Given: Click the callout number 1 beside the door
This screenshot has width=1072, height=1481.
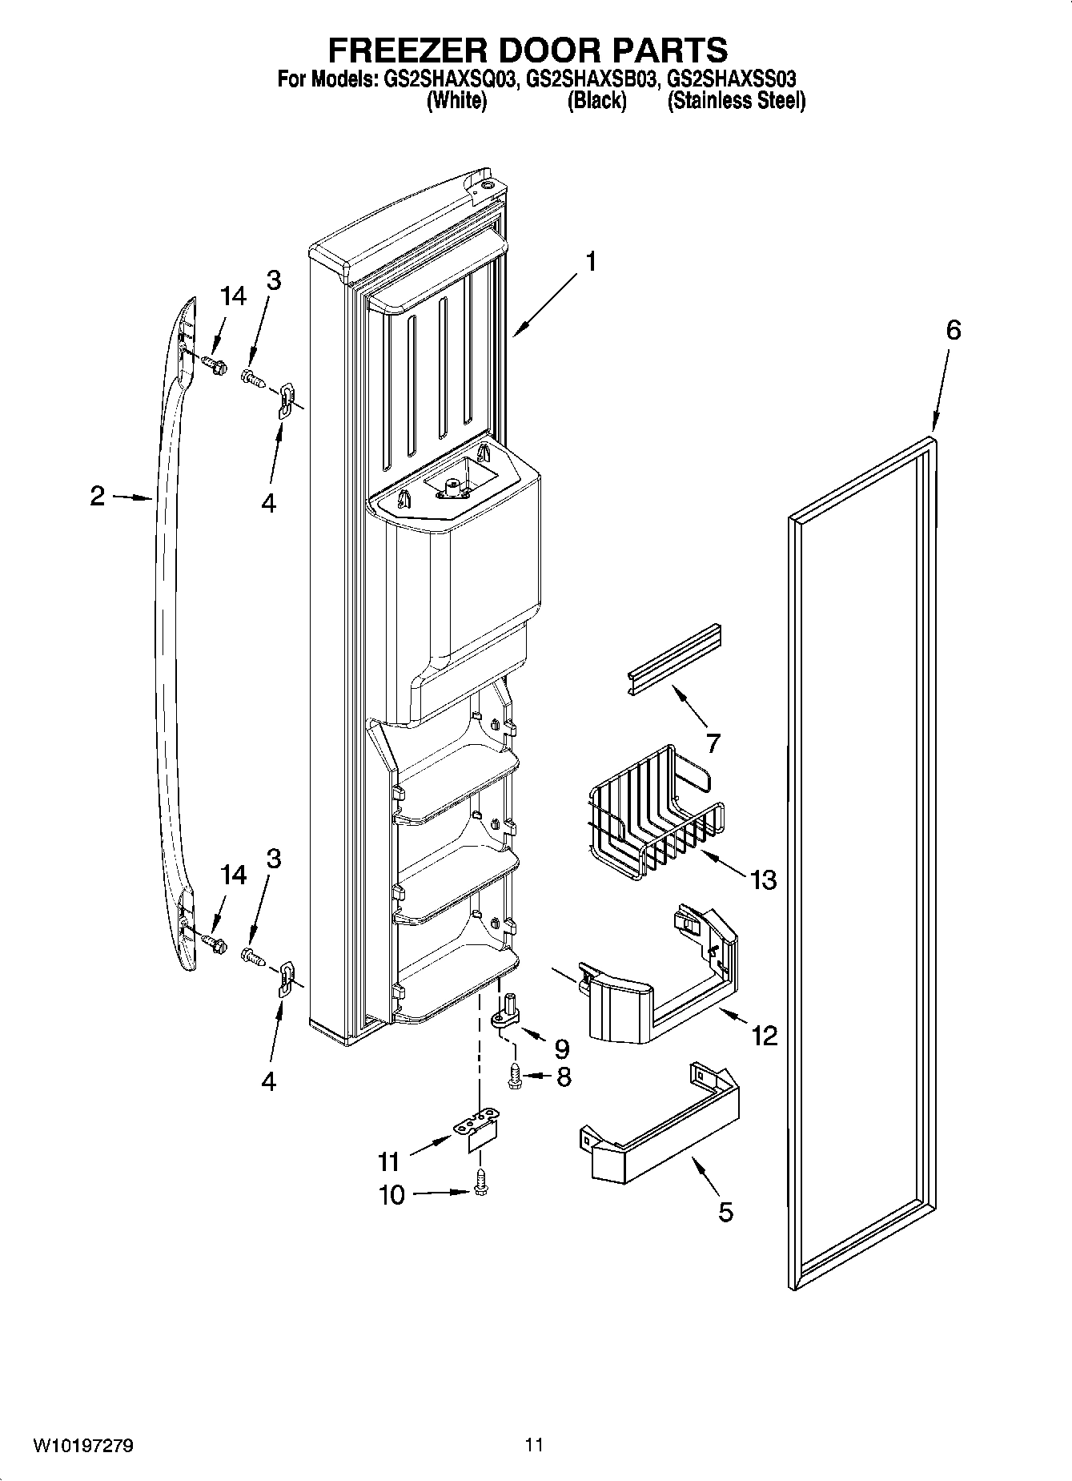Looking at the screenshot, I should pyautogui.click(x=590, y=262).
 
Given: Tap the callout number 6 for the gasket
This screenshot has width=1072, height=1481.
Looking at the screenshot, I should pyautogui.click(x=953, y=330).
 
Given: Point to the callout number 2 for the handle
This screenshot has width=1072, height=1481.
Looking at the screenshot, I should pyautogui.click(x=97, y=497).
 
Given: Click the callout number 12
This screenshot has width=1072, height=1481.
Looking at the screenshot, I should pyautogui.click(x=765, y=1036).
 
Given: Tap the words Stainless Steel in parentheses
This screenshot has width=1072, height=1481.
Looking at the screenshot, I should pyautogui.click(x=737, y=101).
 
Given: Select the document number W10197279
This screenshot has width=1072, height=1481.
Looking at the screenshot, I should pyautogui.click(x=83, y=1446).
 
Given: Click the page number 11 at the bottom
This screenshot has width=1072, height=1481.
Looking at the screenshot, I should pyautogui.click(x=534, y=1445).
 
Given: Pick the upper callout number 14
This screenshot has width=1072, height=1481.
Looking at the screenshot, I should pyautogui.click(x=233, y=296).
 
